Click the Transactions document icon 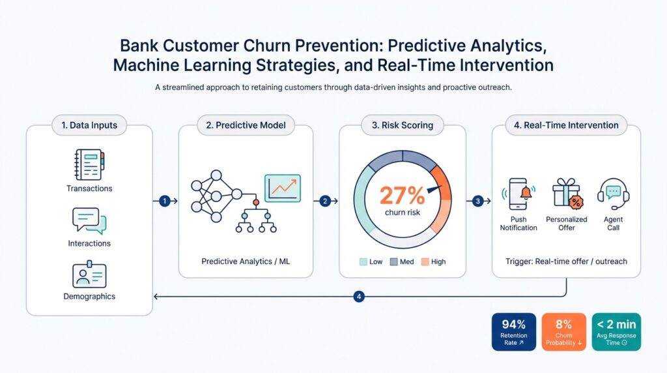pos(89,165)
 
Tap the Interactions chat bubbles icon pos(89,220)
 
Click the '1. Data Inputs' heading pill pos(89,125)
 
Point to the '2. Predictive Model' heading pos(246,125)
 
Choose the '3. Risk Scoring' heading pos(403,125)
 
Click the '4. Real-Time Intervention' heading pos(566,125)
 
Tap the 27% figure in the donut pos(402,195)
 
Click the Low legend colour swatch pos(363,261)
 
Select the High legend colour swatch pos(425,261)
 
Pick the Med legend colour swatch pos(393,261)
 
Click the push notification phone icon pos(518,194)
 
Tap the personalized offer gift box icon pos(566,193)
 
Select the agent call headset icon pos(613,193)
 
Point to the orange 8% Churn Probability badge pos(563,332)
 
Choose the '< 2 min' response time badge pos(616,332)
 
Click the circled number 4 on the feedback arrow pos(358,297)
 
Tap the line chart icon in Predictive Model pos(282,188)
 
